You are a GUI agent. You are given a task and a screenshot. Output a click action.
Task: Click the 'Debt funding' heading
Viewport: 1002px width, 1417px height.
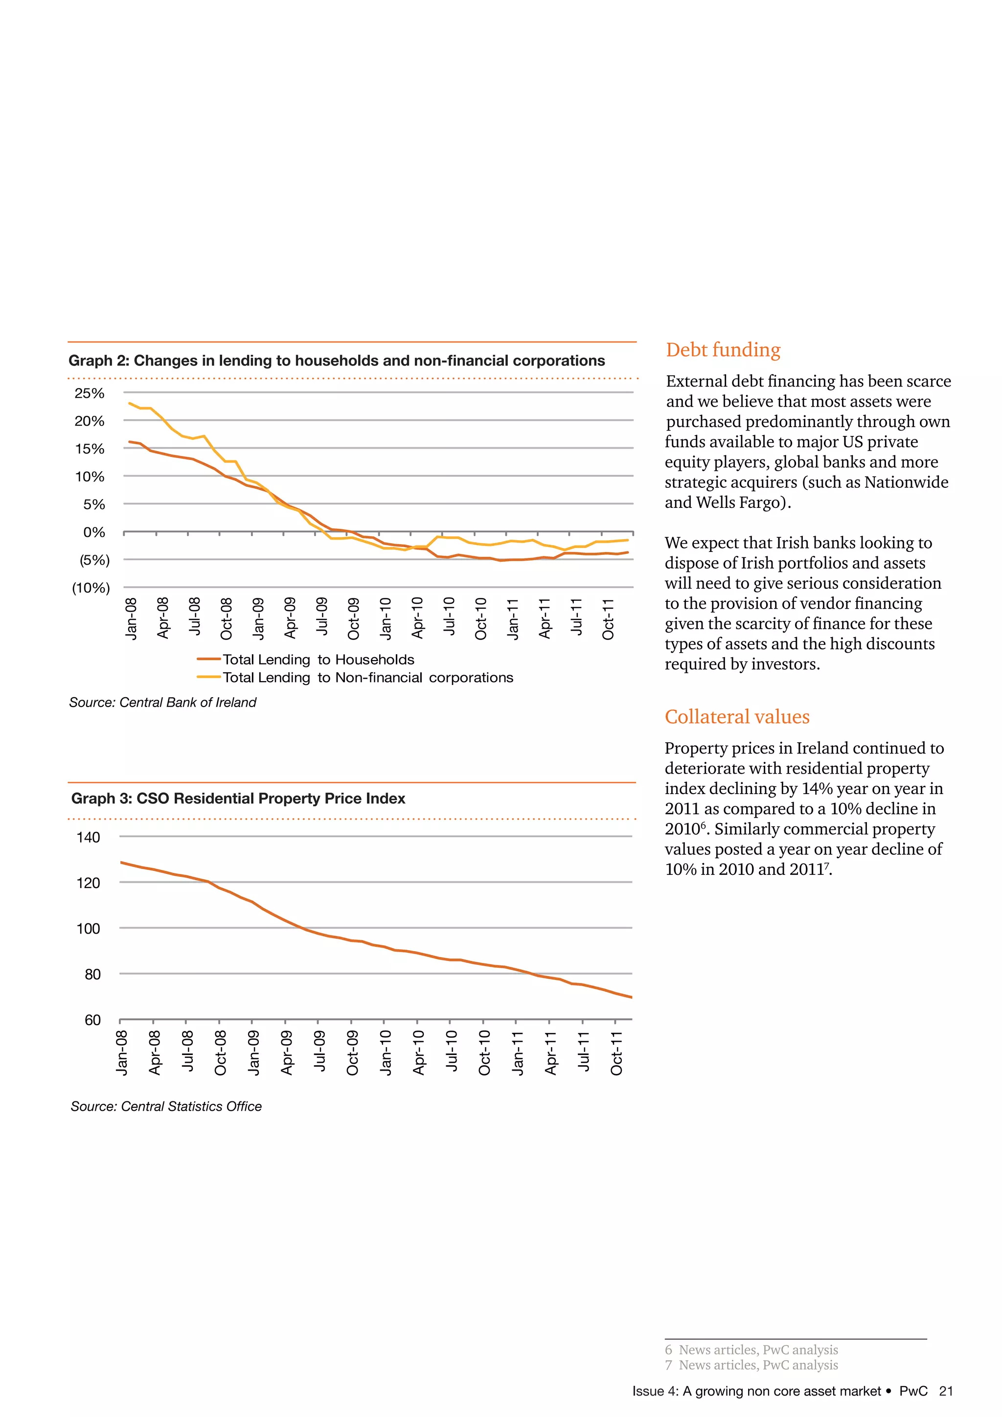[x=723, y=350]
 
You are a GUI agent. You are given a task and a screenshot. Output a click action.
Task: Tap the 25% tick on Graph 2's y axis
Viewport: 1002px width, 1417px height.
[x=90, y=393]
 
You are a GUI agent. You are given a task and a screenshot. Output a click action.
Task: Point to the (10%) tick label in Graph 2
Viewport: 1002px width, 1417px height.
[x=91, y=588]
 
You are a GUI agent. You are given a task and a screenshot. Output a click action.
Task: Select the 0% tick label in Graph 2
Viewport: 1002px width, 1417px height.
[x=94, y=532]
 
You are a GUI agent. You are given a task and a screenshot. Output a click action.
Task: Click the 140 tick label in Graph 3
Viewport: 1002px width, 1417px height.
[x=88, y=838]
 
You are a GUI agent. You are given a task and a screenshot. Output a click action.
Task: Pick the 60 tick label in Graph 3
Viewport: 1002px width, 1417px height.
[x=92, y=1020]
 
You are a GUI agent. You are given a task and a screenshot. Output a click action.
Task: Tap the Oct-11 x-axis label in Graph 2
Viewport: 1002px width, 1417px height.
[x=608, y=619]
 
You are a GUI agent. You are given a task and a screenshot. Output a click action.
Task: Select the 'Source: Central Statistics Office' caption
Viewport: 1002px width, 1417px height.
[x=166, y=1107]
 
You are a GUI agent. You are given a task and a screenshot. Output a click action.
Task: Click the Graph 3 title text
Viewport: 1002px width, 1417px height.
[x=238, y=799]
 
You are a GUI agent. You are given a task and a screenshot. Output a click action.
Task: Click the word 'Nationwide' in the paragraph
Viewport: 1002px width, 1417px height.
[x=906, y=482]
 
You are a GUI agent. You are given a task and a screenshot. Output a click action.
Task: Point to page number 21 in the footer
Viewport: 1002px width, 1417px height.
[x=946, y=1391]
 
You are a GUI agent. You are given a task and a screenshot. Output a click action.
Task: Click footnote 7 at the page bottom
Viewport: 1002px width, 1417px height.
[x=751, y=1365]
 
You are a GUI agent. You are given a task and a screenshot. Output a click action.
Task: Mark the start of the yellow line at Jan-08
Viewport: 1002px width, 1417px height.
[x=130, y=404]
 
